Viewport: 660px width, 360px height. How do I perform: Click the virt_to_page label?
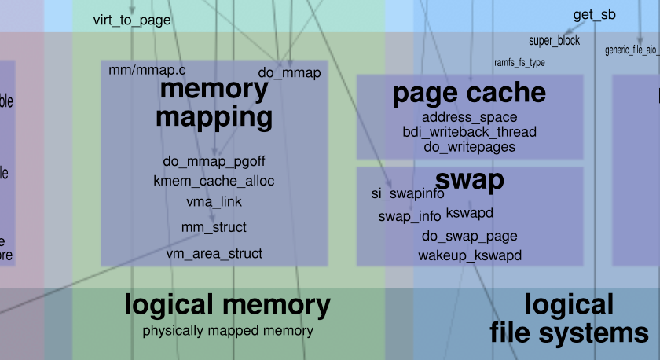[x=131, y=20]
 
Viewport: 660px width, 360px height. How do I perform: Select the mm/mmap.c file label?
[x=145, y=71]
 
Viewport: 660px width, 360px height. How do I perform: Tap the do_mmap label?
[x=289, y=73]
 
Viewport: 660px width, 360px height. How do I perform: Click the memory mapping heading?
[x=214, y=103]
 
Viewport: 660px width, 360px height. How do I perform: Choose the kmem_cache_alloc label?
[x=214, y=182]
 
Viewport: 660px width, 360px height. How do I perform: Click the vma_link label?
[x=214, y=202]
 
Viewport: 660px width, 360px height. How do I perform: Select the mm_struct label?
[x=214, y=227]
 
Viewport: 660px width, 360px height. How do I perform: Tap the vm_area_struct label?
[x=214, y=254]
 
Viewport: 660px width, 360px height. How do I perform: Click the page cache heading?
[x=469, y=93]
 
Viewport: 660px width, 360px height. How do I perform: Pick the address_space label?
[x=469, y=118]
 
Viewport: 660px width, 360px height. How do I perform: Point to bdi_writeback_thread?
[x=469, y=132]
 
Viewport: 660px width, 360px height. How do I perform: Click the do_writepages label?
[x=469, y=146]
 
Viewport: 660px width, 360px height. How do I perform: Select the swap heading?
[x=469, y=180]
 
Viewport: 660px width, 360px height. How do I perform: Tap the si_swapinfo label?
[x=408, y=193]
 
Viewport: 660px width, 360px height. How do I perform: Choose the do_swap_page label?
[x=469, y=236]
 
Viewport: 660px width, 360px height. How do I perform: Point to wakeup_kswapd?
[x=469, y=255]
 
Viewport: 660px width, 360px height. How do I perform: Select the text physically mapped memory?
[x=228, y=331]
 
